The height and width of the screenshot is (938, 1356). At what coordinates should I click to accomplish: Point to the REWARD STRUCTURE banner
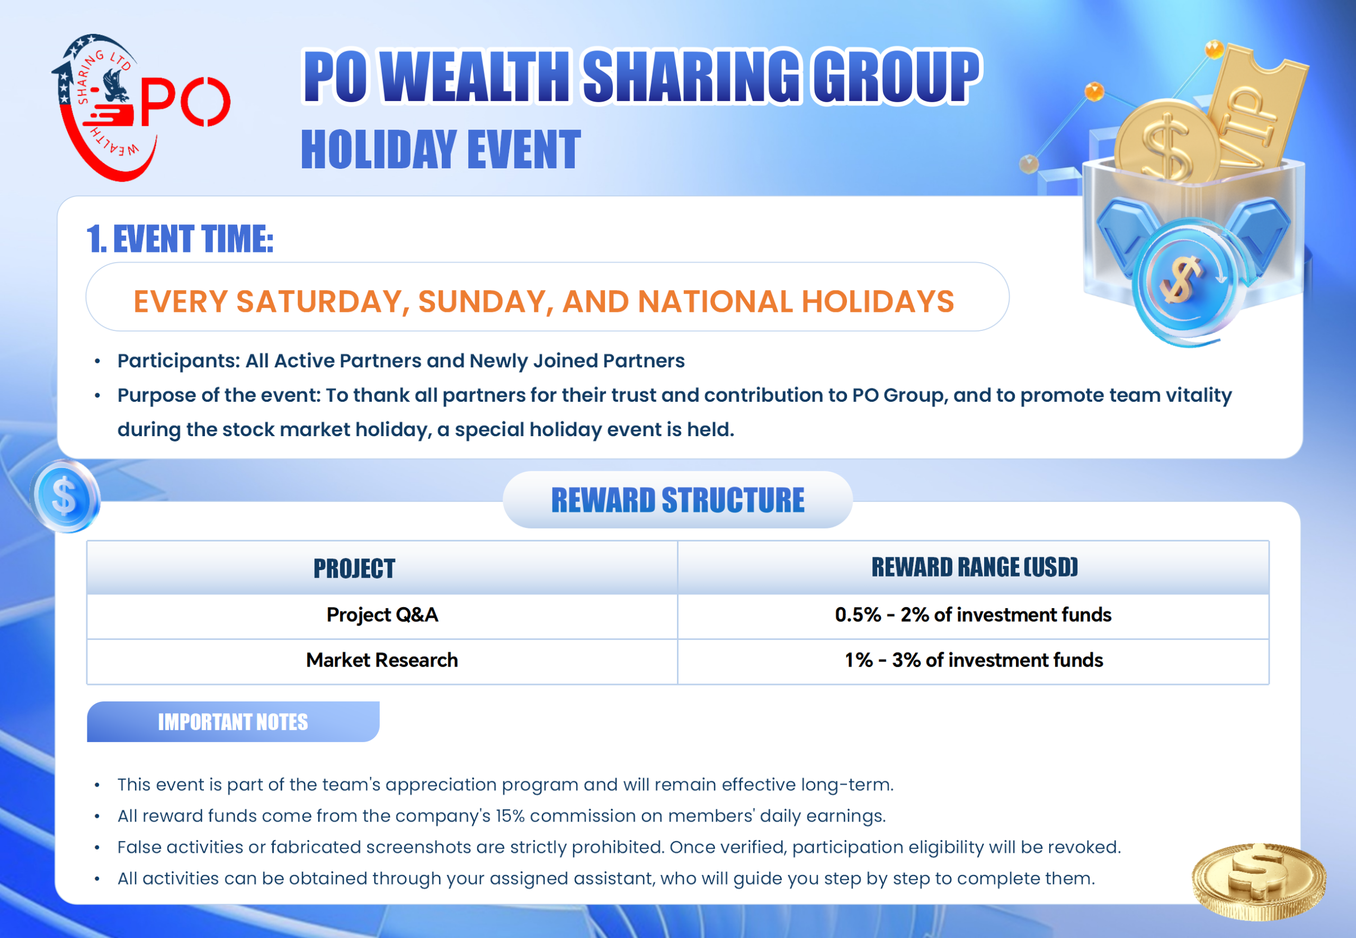677,500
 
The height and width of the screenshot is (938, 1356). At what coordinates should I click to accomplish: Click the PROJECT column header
354,569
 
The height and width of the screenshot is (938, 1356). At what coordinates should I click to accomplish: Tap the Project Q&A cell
382,615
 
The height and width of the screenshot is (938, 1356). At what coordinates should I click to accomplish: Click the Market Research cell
382,661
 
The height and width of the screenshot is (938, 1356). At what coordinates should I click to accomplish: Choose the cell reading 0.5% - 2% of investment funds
973,615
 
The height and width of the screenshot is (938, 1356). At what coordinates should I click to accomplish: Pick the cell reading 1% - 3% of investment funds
974,661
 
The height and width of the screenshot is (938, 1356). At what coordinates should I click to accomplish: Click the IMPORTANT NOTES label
233,721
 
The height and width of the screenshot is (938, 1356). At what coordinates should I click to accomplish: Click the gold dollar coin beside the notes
1259,881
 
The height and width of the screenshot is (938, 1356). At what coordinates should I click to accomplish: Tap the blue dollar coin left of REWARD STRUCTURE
65,497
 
